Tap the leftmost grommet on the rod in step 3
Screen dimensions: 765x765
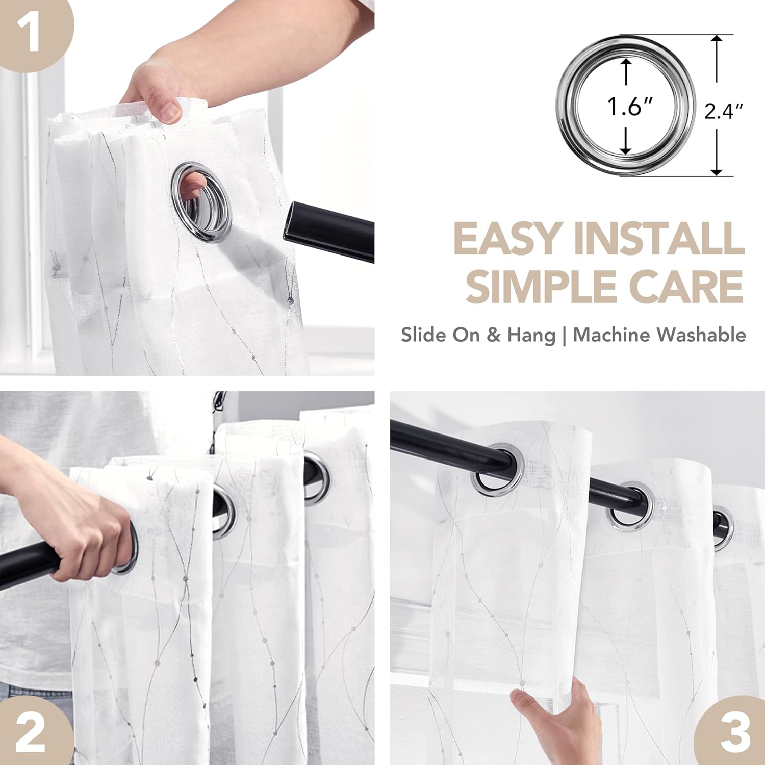tap(497, 470)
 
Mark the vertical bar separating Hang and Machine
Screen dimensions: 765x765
tap(565, 336)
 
